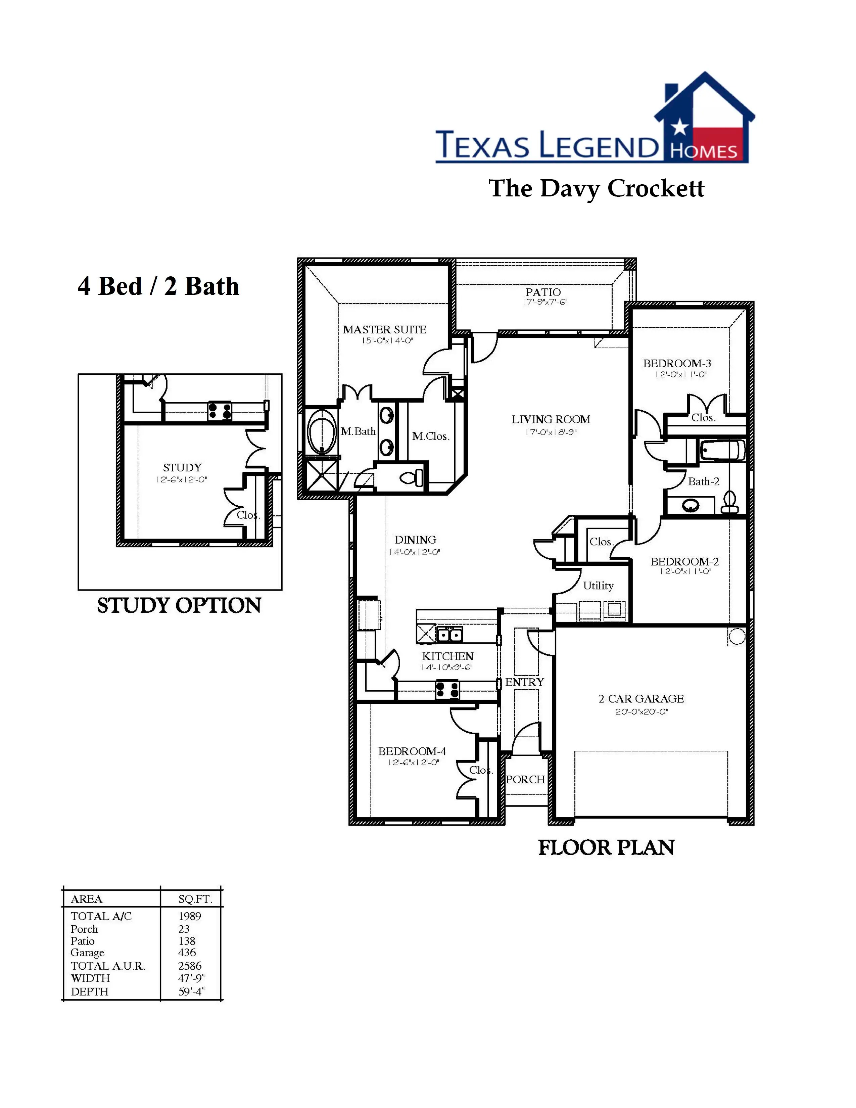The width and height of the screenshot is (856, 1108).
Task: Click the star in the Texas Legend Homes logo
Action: click(x=679, y=127)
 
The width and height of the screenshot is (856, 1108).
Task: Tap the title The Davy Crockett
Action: click(x=597, y=188)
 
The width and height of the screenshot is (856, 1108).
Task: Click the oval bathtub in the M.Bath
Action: click(x=322, y=432)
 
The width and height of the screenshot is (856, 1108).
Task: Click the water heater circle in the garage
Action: click(x=736, y=636)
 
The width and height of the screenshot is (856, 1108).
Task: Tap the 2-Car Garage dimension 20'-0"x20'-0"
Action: click(x=641, y=712)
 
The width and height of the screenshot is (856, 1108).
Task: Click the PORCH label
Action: click(x=525, y=780)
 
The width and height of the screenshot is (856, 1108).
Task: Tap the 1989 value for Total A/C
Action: click(x=190, y=916)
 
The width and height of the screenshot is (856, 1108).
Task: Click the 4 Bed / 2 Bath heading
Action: click(x=158, y=286)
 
